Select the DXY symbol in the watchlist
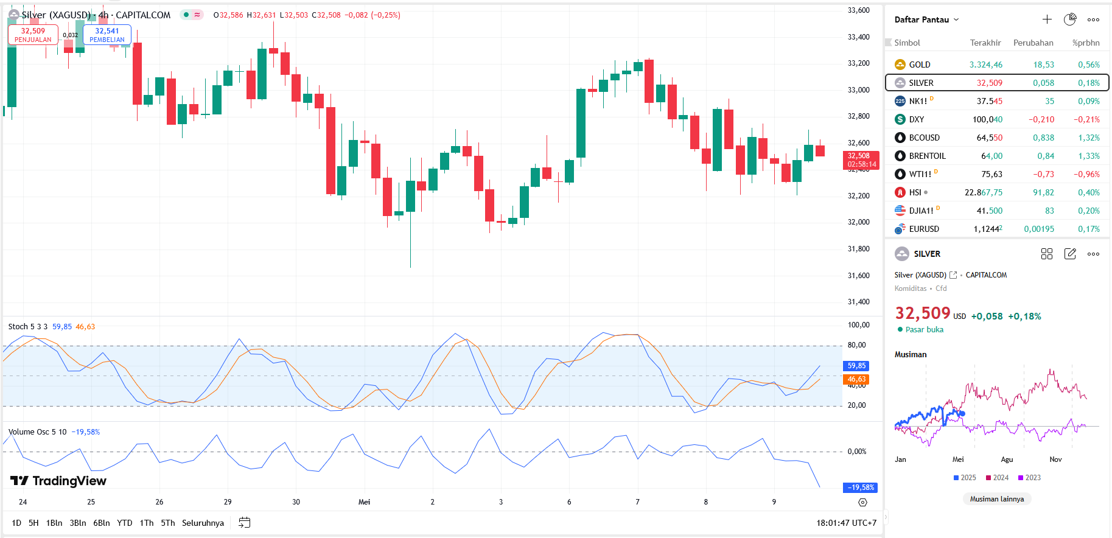(x=916, y=119)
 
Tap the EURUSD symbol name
(x=924, y=229)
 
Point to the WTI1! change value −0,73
(x=1043, y=174)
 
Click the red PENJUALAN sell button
(x=33, y=35)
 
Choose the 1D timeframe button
(x=16, y=523)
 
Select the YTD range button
(x=124, y=523)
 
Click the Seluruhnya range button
(x=203, y=523)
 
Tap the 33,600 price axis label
(x=858, y=10)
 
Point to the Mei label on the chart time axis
(x=364, y=502)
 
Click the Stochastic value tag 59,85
(x=856, y=366)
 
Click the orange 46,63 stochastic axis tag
(x=856, y=379)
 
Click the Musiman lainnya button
(x=996, y=499)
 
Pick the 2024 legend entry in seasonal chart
(x=998, y=478)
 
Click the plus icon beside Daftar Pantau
(x=1047, y=19)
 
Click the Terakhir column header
(x=985, y=43)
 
